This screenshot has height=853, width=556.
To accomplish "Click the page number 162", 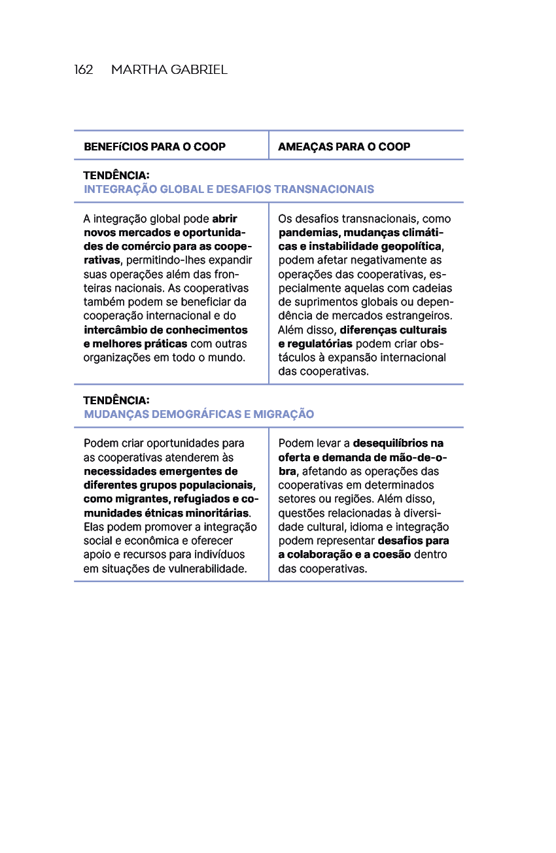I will [x=84, y=70].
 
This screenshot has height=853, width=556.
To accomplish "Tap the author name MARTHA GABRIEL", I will [x=169, y=70].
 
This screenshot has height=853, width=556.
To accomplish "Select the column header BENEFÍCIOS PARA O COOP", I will [x=154, y=147].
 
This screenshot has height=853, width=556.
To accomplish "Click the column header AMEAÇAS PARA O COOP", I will [x=344, y=147].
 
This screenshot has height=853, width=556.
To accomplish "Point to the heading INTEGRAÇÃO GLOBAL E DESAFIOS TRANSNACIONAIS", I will [x=229, y=189].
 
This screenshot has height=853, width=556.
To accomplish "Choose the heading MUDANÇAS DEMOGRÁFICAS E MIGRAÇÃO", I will [x=199, y=414].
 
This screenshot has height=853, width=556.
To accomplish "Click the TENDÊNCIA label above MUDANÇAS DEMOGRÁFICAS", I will [x=116, y=400].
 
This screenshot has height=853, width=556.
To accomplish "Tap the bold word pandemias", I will [x=306, y=233].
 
